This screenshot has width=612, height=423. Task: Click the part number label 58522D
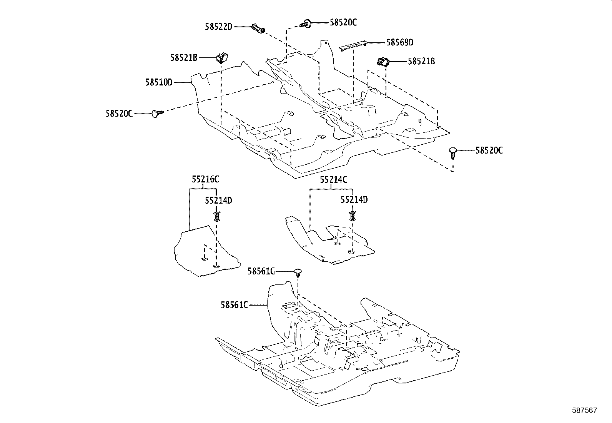218,27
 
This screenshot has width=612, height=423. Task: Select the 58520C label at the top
343,23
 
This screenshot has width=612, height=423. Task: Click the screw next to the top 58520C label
306,24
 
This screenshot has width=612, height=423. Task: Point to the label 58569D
400,42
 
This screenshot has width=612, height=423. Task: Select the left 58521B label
184,58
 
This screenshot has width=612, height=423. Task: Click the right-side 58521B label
421,61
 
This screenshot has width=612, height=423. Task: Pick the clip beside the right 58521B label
383,62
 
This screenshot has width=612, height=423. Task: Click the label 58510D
159,82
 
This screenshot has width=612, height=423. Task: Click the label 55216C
205,179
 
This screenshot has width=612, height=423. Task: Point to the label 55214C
334,179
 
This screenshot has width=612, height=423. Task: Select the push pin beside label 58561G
299,273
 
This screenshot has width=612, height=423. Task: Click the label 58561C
234,305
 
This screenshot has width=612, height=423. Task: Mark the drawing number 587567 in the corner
584,410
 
